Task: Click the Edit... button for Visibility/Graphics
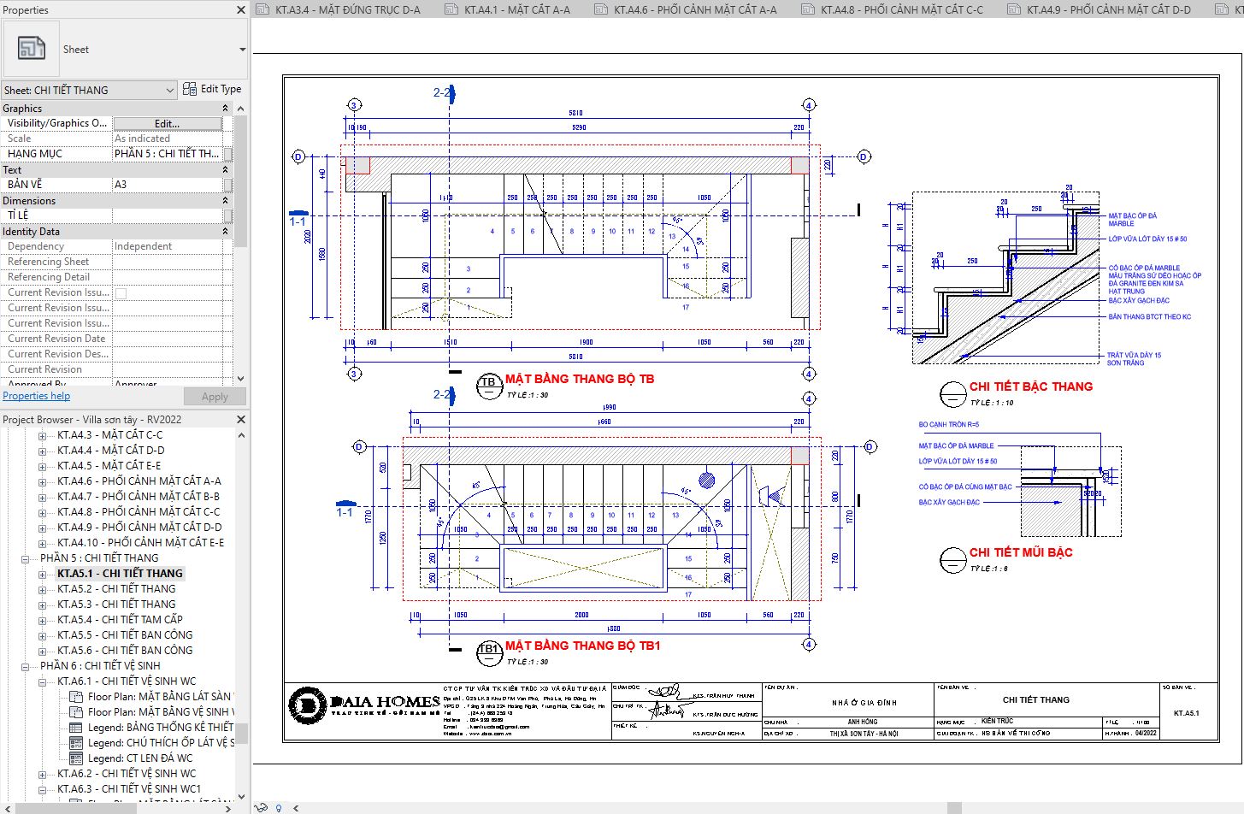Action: pos(167,124)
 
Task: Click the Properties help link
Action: pos(37,396)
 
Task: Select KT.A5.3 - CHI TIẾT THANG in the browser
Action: pos(116,605)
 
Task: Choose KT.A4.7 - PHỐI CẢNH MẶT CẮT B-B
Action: pos(139,497)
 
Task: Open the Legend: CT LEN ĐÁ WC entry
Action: pos(140,758)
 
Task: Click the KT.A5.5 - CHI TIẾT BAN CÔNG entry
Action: pos(125,635)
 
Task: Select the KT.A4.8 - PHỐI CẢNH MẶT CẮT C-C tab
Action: pos(901,10)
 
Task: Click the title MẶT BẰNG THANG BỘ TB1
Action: pos(582,646)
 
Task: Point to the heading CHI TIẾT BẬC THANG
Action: pos(1030,386)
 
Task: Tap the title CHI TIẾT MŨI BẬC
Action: pos(1020,552)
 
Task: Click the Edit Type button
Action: pos(213,89)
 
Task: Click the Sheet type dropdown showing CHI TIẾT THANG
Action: pos(89,91)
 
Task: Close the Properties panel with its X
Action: pos(241,10)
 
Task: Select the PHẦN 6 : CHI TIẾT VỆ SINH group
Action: pos(100,666)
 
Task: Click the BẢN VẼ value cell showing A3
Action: pos(168,185)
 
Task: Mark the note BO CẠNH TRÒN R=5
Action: pos(948,425)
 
